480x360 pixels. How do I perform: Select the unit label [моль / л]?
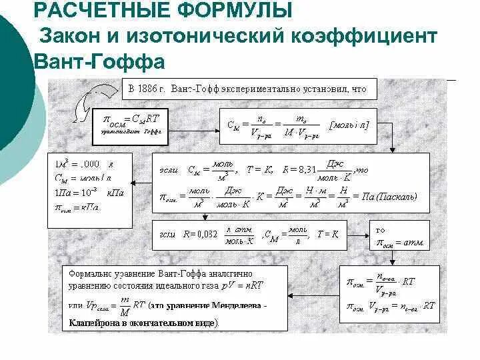click(x=349, y=125)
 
